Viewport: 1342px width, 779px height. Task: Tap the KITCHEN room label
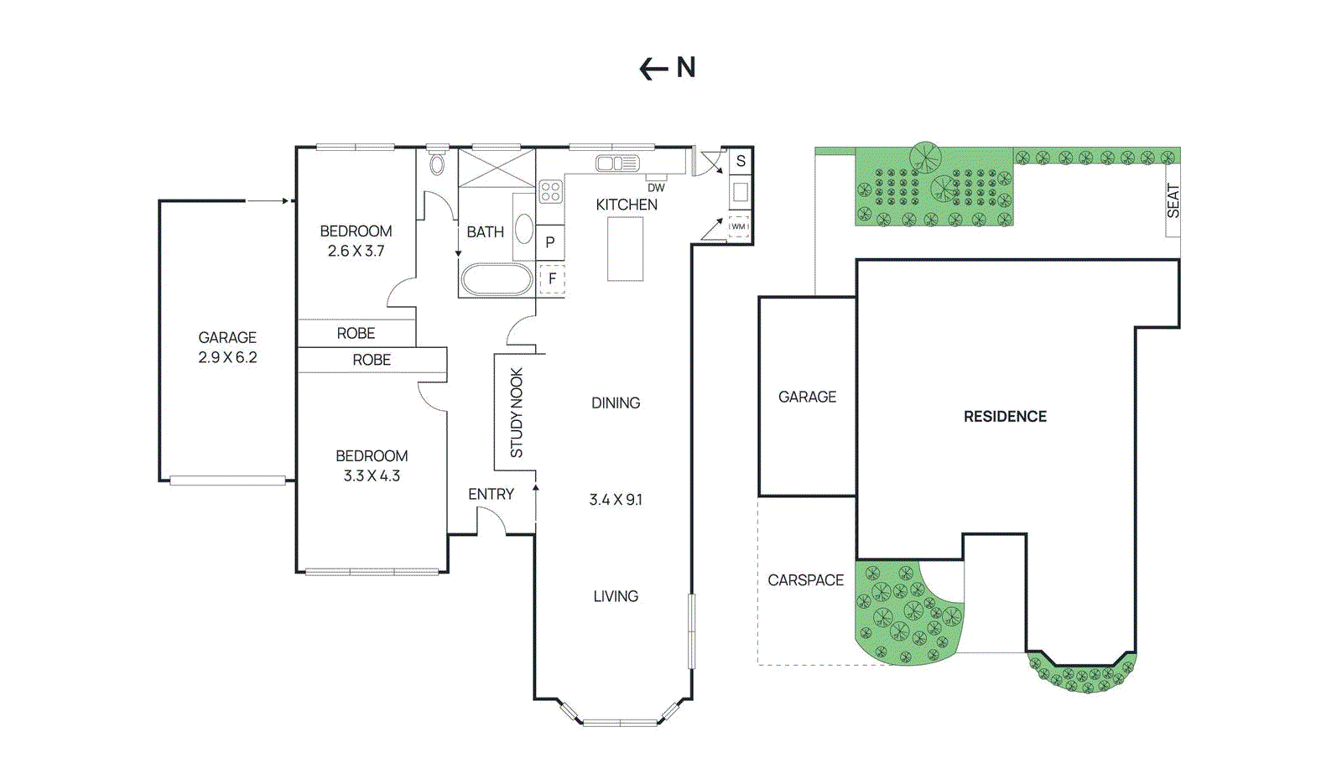[627, 205]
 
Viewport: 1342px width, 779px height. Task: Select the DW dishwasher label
[656, 188]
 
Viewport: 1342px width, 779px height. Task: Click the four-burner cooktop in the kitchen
[550, 191]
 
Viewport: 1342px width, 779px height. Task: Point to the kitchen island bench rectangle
[625, 249]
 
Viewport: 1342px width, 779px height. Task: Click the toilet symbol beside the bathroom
[437, 164]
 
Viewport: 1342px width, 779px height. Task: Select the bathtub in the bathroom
[497, 279]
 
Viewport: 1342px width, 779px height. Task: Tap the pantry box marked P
[550, 242]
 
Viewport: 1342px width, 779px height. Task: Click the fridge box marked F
[552, 278]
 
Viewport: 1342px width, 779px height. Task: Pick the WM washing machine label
[738, 226]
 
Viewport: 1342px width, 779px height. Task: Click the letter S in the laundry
[741, 161]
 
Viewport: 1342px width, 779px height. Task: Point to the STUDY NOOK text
[517, 413]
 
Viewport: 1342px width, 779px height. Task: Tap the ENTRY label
[491, 495]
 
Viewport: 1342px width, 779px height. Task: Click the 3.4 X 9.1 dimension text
[616, 500]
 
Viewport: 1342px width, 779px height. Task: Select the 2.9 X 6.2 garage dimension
[227, 357]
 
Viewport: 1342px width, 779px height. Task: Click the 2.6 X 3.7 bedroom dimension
[356, 251]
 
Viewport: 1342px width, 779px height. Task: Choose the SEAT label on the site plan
[1173, 201]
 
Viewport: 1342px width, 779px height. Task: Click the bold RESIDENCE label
[1005, 417]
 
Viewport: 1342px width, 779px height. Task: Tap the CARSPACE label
[805, 580]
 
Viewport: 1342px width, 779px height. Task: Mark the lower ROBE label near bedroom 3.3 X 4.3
[372, 360]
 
